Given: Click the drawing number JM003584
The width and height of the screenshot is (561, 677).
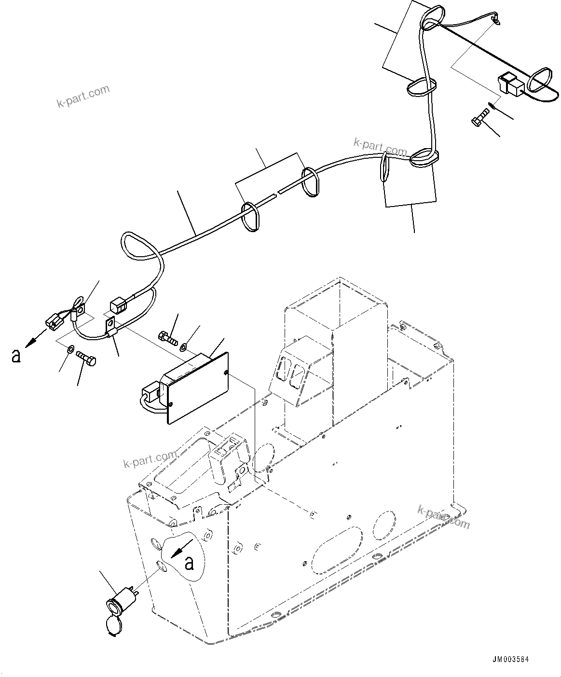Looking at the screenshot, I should point(511,660).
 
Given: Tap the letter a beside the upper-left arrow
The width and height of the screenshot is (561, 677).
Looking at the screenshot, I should point(16,356).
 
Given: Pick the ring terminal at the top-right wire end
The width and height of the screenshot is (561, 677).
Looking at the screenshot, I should point(495,19).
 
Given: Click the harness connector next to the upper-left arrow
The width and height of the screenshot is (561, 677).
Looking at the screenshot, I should point(54,321).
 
